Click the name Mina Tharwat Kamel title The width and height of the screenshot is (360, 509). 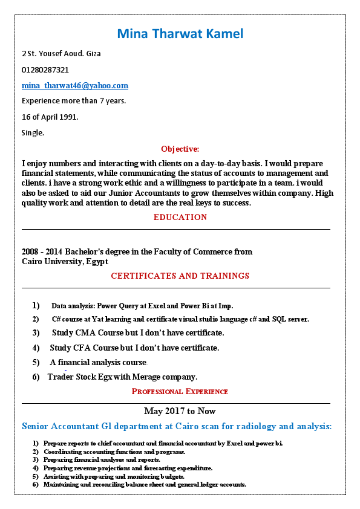pyautogui.click(x=180, y=33)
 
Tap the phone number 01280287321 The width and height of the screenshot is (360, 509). pyautogui.click(x=45, y=70)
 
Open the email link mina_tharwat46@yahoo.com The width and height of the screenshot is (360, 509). pyautogui.click(x=75, y=86)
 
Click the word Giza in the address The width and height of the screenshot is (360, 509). pyautogui.click(x=93, y=53)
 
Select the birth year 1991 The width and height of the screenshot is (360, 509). pyautogui.click(x=68, y=117)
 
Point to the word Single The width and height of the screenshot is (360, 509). pyautogui.click(x=33, y=132)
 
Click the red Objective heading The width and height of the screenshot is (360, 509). pyautogui.click(x=180, y=149)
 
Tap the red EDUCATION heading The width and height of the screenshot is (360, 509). pyautogui.click(x=180, y=217)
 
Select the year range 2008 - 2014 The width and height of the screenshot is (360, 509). pyautogui.click(x=42, y=251)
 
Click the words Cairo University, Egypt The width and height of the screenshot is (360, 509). pyautogui.click(x=65, y=261)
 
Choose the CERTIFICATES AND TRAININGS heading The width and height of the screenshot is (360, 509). pyautogui.click(x=180, y=276)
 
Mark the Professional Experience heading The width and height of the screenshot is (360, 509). pyautogui.click(x=180, y=391)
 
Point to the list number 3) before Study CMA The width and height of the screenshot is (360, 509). pyautogui.click(x=36, y=333)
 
